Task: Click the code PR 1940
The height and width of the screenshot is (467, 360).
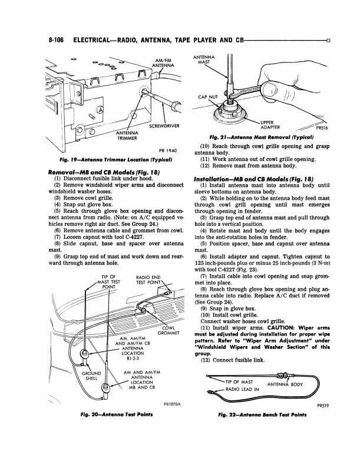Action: click(169, 152)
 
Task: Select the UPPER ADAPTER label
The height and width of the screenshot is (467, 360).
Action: click(272, 125)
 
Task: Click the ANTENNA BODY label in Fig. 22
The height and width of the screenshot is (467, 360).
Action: click(285, 386)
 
